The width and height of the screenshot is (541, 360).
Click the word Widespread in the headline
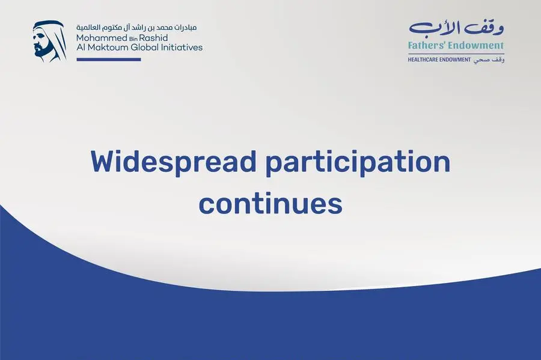coord(173,162)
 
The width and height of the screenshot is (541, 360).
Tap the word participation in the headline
coord(358,164)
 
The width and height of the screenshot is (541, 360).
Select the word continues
coord(270,204)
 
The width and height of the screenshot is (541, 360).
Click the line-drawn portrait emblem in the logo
coord(50,41)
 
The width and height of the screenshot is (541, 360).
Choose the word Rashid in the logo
coord(153,38)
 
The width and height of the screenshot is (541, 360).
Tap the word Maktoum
coord(108,47)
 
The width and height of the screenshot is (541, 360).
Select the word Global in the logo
coord(144,47)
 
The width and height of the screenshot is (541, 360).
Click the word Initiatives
coord(182,47)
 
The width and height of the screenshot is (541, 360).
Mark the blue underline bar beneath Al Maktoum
coord(109,59)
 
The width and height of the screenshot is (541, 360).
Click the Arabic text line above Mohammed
coord(136,28)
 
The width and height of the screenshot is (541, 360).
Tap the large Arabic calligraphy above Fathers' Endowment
coord(456,29)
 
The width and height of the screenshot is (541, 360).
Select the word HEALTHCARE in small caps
coord(423,59)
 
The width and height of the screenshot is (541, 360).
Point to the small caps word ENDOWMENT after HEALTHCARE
coord(455,59)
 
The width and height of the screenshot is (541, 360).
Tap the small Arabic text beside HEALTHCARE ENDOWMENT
coord(489,60)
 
